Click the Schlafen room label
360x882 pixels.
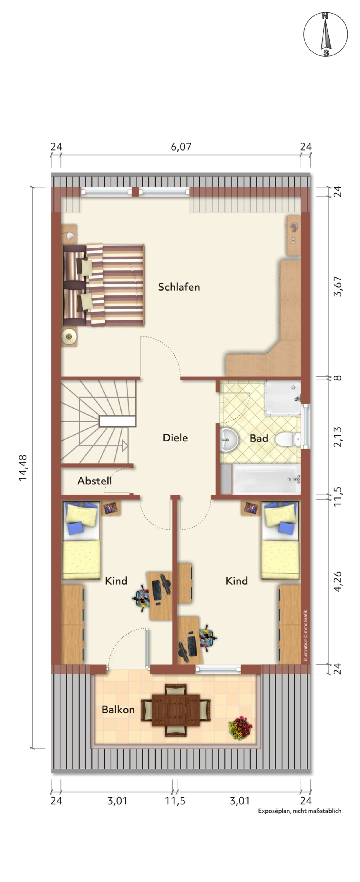(x=179, y=287)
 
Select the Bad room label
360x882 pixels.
(x=259, y=438)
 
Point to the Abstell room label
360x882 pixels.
(x=94, y=481)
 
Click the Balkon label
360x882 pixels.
(x=118, y=710)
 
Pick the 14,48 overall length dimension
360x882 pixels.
(x=23, y=468)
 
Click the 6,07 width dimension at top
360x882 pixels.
(x=181, y=147)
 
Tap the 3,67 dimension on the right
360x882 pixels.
(x=338, y=286)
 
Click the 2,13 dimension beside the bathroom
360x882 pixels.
(x=338, y=437)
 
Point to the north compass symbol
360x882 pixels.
(x=325, y=34)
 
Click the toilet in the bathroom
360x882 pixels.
(x=288, y=439)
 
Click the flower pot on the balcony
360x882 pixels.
(x=240, y=728)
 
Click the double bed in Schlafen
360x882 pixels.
(x=103, y=285)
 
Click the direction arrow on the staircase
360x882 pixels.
(x=125, y=446)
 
